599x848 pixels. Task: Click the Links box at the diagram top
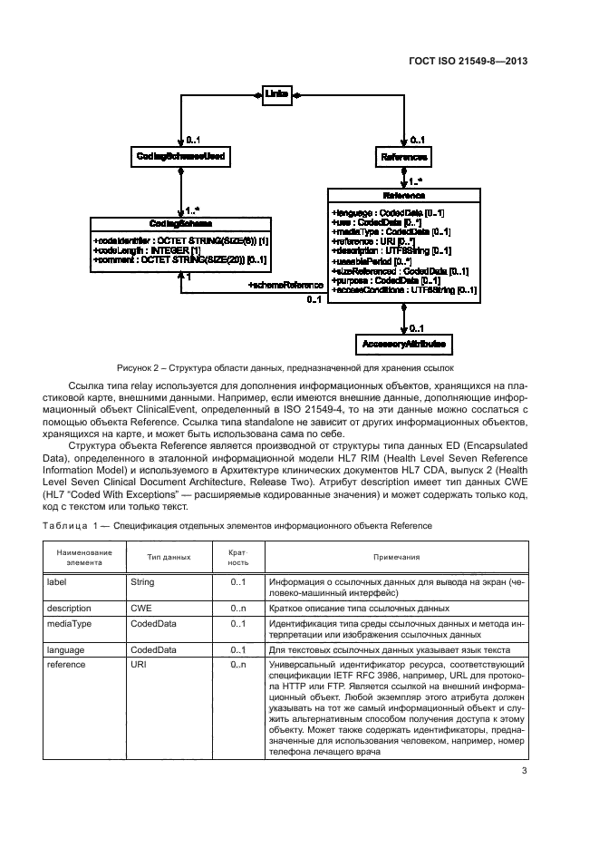click(276, 93)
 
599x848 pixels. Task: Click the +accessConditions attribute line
click(404, 290)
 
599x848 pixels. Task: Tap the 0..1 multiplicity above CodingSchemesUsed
click(193, 140)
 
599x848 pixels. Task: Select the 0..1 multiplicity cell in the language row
click(238, 650)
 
